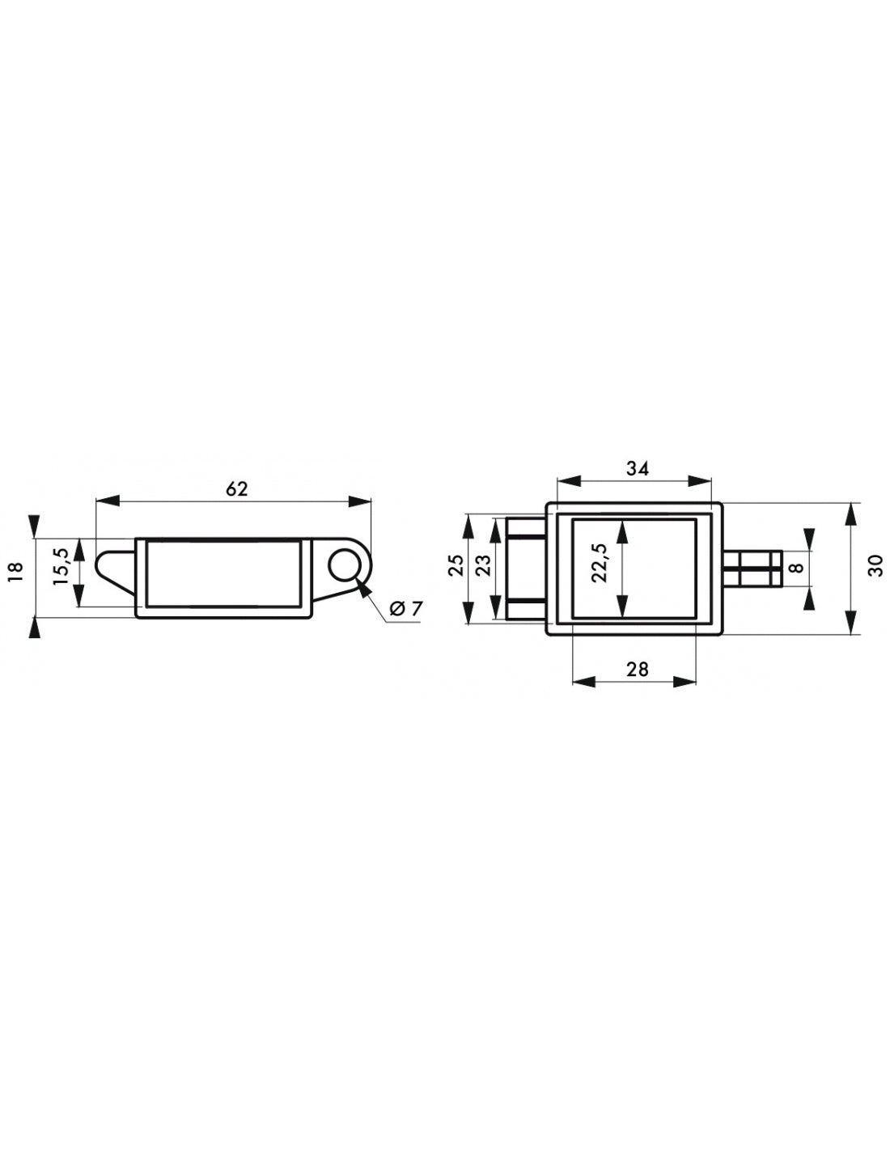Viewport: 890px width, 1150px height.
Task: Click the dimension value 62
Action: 236,489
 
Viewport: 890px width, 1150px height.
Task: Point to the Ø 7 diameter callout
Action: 405,609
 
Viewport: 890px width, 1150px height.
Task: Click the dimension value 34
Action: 637,468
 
